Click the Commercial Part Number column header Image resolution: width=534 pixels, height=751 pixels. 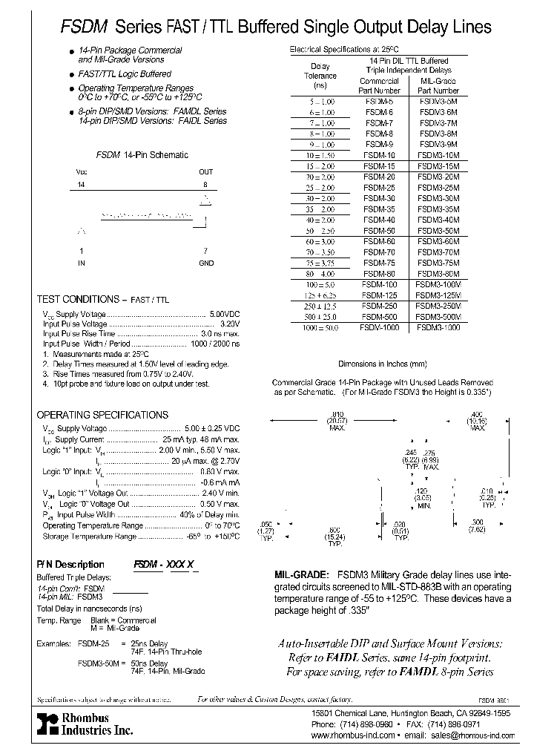tap(379, 86)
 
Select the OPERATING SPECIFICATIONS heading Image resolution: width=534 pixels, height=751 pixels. tap(102, 415)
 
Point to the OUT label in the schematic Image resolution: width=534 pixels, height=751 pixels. tap(205, 171)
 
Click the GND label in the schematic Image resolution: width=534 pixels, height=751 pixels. tap(205, 263)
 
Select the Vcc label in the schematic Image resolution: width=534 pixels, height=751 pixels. tap(82, 171)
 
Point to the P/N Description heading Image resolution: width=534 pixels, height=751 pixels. tap(70, 565)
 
